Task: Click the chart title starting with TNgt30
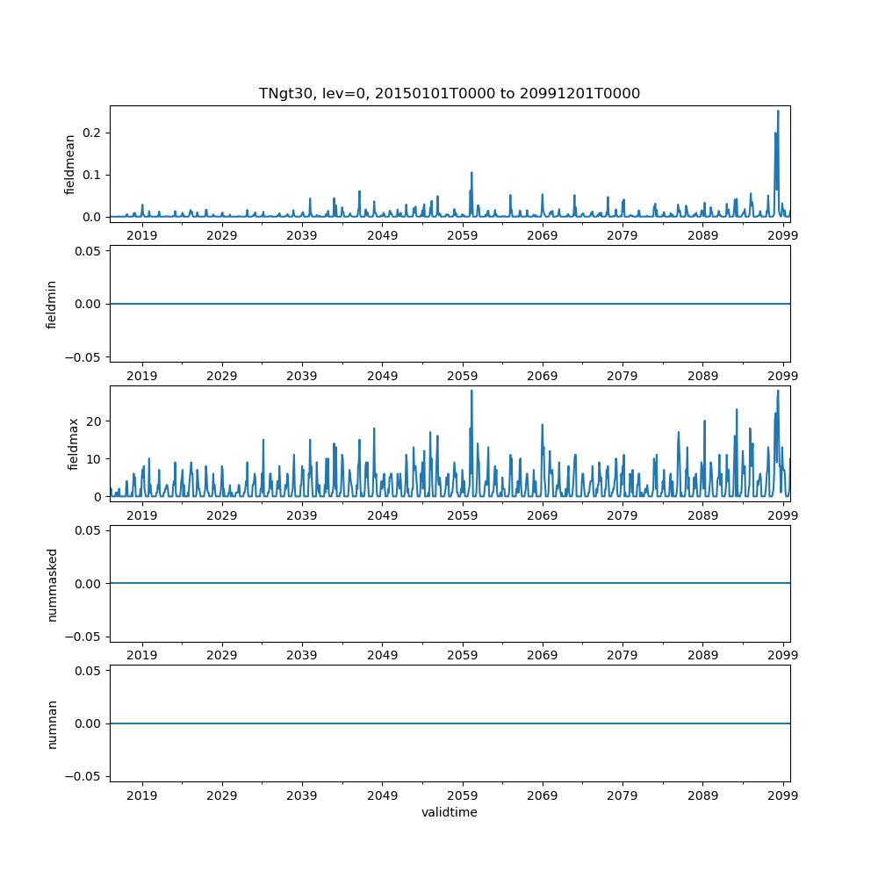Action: click(449, 93)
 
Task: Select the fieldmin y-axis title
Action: click(52, 304)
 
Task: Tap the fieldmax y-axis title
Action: click(74, 443)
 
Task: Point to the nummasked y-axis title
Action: click(52, 584)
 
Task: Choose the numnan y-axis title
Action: click(52, 723)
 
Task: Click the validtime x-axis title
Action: click(449, 812)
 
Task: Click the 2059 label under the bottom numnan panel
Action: click(462, 795)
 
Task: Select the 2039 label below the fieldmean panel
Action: click(302, 235)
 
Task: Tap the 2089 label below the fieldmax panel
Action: click(702, 515)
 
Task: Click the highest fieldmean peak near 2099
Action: click(778, 112)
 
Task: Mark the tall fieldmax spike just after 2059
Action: click(471, 392)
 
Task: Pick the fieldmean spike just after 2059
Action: click(471, 173)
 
